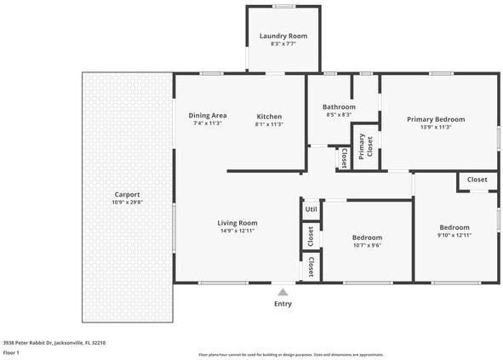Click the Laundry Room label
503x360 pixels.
tap(283, 36)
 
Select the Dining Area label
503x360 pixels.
tap(208, 116)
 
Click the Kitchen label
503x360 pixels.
tap(269, 116)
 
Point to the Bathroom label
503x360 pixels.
tap(339, 106)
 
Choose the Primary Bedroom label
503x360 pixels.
tap(436, 119)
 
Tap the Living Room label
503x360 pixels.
tap(237, 222)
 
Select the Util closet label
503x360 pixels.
tap(312, 209)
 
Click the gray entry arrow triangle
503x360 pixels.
tap(283, 292)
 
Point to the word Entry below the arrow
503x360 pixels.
tap(283, 304)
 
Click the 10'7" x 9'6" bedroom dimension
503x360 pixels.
tap(367, 245)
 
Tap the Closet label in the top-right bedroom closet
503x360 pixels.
tap(477, 180)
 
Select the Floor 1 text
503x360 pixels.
tap(12, 352)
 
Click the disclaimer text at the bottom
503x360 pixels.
tap(290, 354)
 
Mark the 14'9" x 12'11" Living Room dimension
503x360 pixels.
tap(237, 231)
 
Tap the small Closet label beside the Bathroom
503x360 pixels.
tap(343, 157)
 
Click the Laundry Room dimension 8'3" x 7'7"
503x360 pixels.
tap(283, 44)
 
